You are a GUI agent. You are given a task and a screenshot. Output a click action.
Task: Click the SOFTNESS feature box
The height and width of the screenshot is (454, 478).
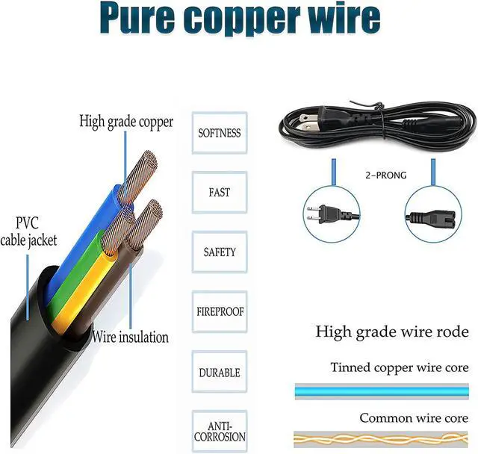click(219, 133)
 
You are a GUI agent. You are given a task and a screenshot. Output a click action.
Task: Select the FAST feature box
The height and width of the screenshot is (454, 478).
click(219, 193)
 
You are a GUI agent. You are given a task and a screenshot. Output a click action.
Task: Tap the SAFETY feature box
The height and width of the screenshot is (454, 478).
click(219, 252)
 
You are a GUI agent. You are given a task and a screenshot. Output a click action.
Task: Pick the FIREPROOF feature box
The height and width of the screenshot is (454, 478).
click(219, 311)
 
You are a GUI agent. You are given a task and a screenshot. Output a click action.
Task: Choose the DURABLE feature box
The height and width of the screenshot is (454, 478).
click(219, 372)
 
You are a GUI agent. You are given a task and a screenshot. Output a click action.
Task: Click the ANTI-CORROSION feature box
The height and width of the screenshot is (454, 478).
click(219, 431)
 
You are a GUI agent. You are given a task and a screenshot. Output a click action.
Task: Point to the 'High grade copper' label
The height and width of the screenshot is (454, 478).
click(126, 122)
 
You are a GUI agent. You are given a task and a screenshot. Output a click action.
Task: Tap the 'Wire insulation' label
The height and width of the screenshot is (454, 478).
click(131, 337)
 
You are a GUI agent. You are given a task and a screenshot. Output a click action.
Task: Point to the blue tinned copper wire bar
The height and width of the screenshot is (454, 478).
click(381, 391)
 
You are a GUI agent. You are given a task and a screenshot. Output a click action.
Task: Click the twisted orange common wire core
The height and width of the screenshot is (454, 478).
click(381, 439)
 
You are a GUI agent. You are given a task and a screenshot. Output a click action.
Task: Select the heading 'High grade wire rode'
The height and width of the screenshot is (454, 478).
click(391, 332)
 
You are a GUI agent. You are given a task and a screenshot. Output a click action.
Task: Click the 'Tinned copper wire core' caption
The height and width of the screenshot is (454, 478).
click(400, 368)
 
